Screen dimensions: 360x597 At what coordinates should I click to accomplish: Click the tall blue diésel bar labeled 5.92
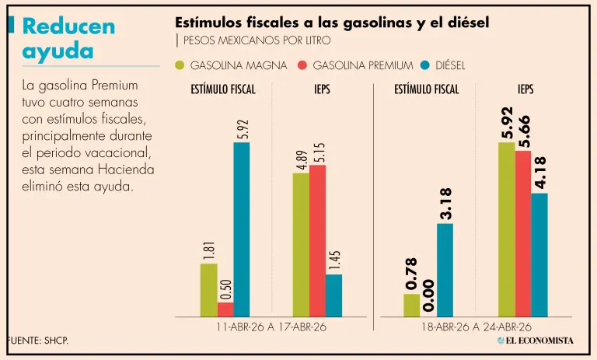(x=242, y=229)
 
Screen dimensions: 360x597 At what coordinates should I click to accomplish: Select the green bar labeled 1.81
(x=208, y=290)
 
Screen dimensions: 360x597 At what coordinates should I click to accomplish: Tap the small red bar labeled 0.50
(x=225, y=309)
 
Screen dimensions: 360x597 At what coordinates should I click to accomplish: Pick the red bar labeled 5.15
(x=317, y=240)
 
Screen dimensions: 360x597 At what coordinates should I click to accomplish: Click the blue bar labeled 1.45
(x=333, y=295)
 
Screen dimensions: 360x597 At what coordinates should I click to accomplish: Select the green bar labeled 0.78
(x=412, y=305)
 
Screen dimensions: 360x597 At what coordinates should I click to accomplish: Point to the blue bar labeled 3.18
(x=445, y=270)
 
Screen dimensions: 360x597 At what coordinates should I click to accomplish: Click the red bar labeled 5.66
(x=522, y=233)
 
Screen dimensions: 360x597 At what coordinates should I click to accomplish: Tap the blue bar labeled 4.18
(x=539, y=254)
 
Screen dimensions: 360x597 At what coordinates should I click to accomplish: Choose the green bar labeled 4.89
(x=301, y=244)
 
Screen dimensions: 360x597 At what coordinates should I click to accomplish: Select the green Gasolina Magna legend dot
(x=180, y=65)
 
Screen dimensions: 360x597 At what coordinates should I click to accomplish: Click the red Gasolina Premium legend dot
(x=304, y=65)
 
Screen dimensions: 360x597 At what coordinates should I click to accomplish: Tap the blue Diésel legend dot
(x=425, y=65)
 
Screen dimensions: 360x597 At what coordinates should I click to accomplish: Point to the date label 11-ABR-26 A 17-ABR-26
(x=271, y=327)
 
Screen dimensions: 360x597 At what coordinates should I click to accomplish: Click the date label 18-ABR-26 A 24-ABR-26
(x=476, y=327)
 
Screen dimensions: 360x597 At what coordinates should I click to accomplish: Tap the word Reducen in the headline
(x=68, y=26)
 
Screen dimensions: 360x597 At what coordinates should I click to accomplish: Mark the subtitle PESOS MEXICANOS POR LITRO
(x=257, y=40)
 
